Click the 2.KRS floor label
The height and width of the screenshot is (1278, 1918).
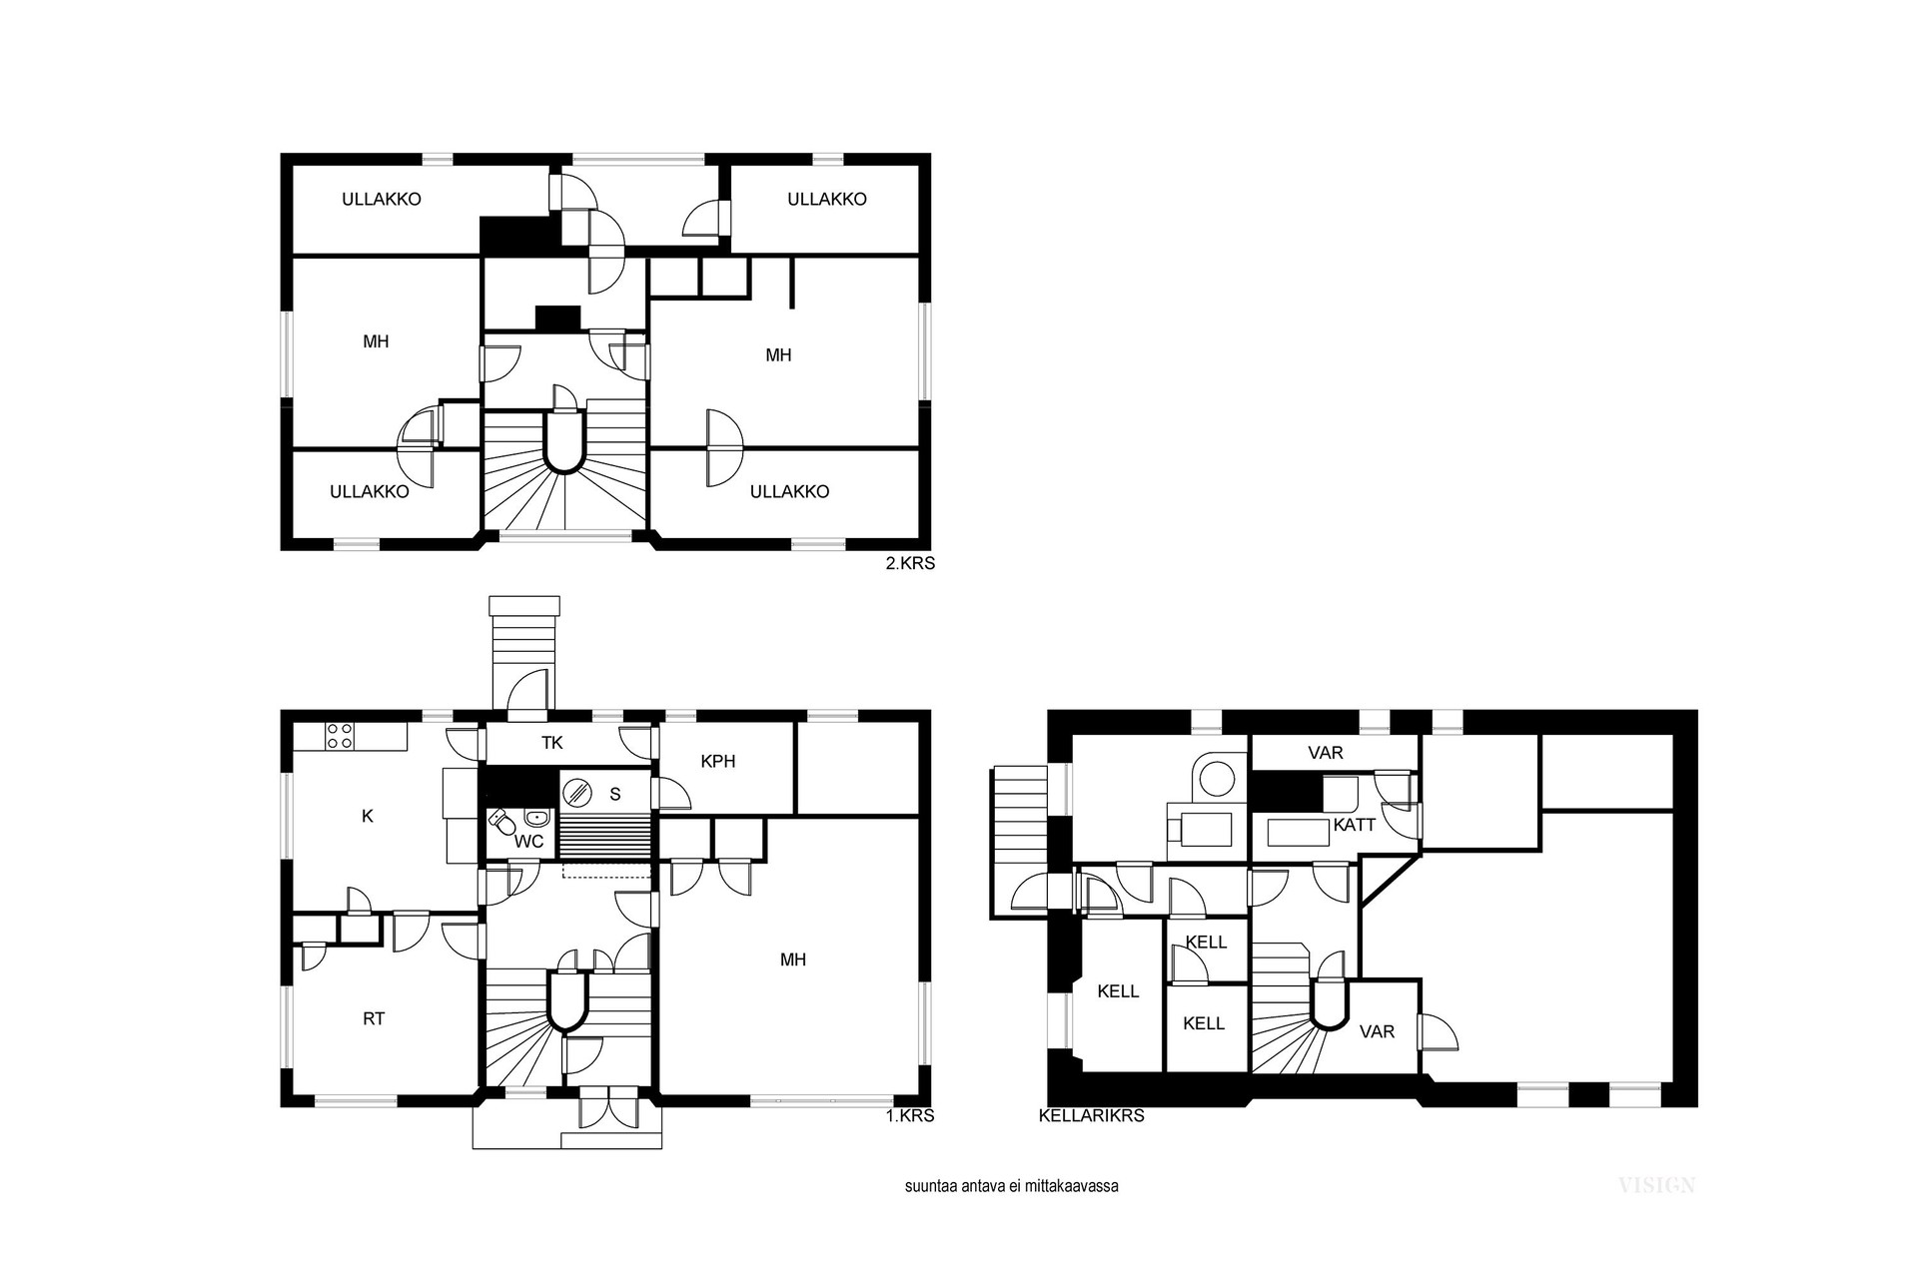(910, 563)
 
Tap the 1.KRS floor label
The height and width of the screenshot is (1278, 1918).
(910, 1115)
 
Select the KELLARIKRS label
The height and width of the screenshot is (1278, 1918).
(1092, 1115)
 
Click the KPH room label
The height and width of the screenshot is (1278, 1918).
(717, 761)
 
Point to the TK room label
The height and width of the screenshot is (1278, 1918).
(551, 742)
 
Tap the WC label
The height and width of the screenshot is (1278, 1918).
(528, 842)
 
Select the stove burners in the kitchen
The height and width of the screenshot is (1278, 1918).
(340, 736)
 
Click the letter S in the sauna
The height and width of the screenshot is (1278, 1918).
(615, 794)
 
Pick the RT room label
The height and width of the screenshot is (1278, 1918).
(374, 1018)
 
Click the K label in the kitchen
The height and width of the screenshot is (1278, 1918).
(367, 816)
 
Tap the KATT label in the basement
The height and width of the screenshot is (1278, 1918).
(1354, 825)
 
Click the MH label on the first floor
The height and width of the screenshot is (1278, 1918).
(792, 959)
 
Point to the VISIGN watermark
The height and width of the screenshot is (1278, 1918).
(1656, 1185)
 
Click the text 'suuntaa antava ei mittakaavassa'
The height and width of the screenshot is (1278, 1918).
(1011, 1187)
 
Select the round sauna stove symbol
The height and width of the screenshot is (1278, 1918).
(576, 794)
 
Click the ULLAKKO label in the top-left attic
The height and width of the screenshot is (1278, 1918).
(382, 199)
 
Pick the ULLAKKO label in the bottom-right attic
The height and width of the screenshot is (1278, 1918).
(789, 491)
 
